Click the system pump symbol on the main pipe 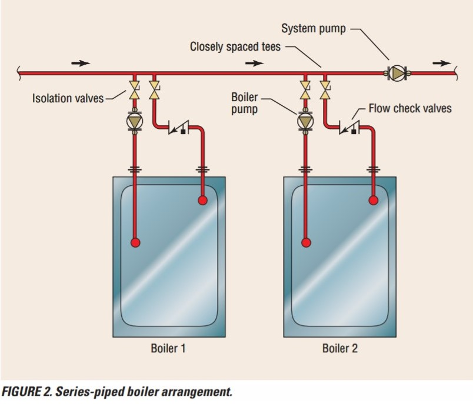(399, 73)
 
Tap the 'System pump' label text (313, 28)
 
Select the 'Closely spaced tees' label (235, 46)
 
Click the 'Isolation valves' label (67, 98)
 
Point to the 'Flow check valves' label (410, 108)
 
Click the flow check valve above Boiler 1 (176, 126)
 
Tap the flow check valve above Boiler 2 (347, 126)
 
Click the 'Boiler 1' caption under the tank (168, 348)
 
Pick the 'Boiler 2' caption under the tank (339, 348)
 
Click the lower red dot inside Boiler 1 (135, 242)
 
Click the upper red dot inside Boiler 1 (202, 201)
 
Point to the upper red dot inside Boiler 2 (373, 201)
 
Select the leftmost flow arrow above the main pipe (81, 62)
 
